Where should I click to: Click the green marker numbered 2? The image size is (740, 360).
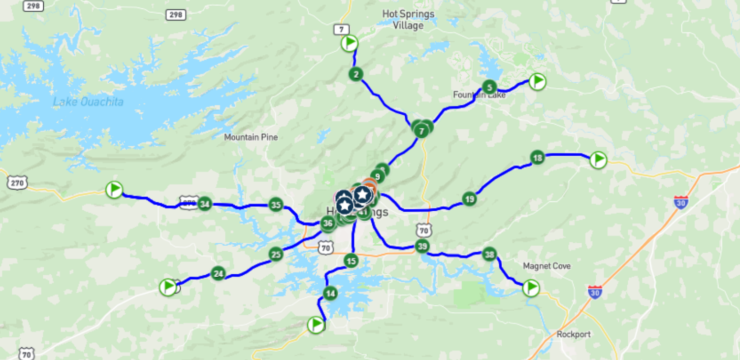coord(355,74)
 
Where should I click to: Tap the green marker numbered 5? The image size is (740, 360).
coord(489,87)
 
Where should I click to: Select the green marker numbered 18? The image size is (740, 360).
coord(538,158)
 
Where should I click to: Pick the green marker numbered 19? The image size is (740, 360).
coord(469,199)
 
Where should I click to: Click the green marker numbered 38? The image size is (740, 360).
coord(489,255)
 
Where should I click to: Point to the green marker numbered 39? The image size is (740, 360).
coord(422,246)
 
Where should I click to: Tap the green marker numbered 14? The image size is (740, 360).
coord(330,294)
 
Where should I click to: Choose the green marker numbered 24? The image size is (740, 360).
coord(218,273)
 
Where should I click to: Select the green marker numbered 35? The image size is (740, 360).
coord(276,205)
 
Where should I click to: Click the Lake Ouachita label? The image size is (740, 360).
coord(88,102)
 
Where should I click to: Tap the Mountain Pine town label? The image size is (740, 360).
coord(251,137)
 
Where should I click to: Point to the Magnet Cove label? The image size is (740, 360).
coord(547,266)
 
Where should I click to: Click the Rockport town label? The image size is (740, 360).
coord(574,334)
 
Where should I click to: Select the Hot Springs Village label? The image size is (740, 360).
coord(408,20)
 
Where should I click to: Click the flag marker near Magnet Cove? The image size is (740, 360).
coord(531,288)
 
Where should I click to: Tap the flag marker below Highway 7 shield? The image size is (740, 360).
coord(350,43)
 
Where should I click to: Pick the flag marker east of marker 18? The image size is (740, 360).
coord(598,160)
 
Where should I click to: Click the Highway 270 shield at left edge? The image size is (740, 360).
coord(17,182)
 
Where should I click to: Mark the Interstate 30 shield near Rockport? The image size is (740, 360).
coord(595,292)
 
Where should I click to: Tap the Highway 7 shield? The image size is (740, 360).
coord(341,29)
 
